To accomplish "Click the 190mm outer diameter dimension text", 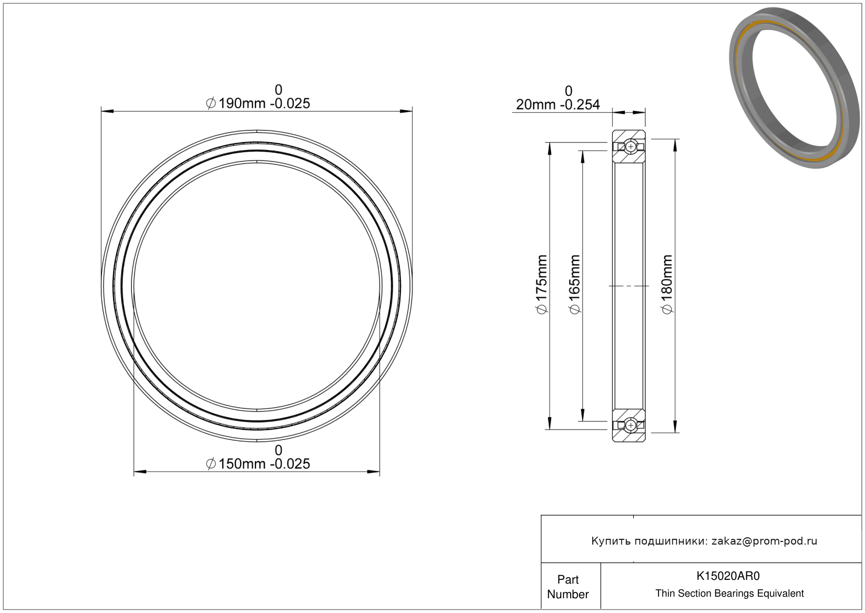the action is click(x=258, y=103).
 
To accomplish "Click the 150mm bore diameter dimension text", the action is click(x=258, y=464).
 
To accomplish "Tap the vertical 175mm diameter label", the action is click(x=542, y=285).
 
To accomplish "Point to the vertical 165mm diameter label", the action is click(x=575, y=285).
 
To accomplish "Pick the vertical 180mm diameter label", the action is click(x=667, y=285).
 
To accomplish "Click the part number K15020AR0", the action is click(x=728, y=576).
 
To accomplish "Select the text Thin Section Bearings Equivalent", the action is click(x=729, y=594).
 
